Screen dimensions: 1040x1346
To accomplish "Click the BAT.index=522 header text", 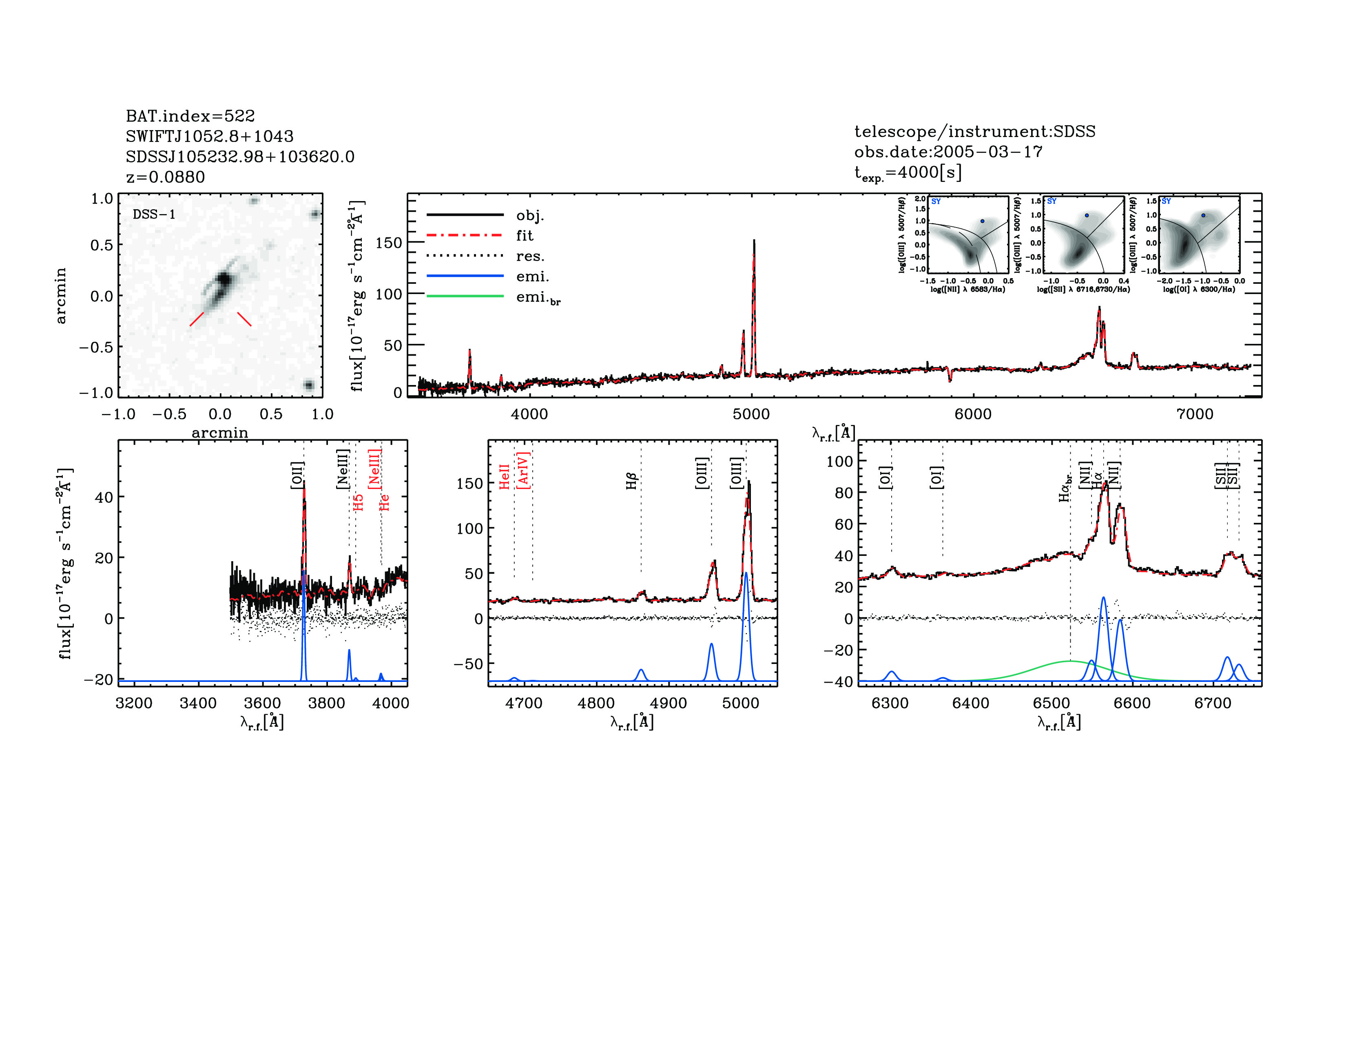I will (190, 116).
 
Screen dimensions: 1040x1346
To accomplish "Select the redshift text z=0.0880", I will (165, 177).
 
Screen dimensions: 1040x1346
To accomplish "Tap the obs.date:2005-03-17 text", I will (948, 152).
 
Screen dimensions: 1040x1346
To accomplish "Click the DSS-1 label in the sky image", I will (154, 215).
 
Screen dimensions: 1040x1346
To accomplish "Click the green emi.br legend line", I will (465, 297).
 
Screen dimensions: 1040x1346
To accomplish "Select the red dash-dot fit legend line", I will (465, 235).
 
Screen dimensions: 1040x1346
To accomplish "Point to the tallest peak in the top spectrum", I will (754, 241).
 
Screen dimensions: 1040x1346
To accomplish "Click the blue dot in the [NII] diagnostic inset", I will (983, 221).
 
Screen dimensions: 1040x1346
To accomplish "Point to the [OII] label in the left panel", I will (297, 475).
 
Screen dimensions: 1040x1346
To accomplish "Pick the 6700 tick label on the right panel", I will (1212, 703).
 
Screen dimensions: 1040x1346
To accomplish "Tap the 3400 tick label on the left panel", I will (198, 703).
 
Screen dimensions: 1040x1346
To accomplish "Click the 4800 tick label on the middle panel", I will (596, 703).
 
